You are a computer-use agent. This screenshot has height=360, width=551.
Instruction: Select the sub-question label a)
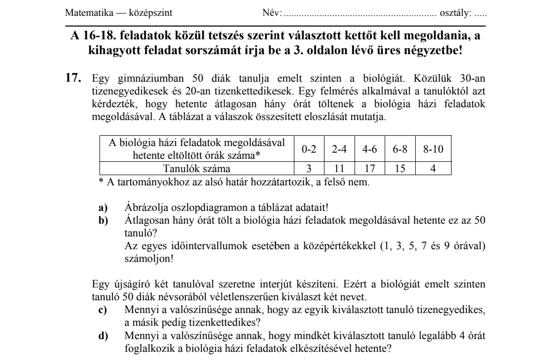103,208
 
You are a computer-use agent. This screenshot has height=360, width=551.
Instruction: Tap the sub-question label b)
103,220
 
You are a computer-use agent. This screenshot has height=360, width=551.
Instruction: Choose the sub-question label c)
103,310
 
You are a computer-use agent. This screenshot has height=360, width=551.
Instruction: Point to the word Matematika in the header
85,12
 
